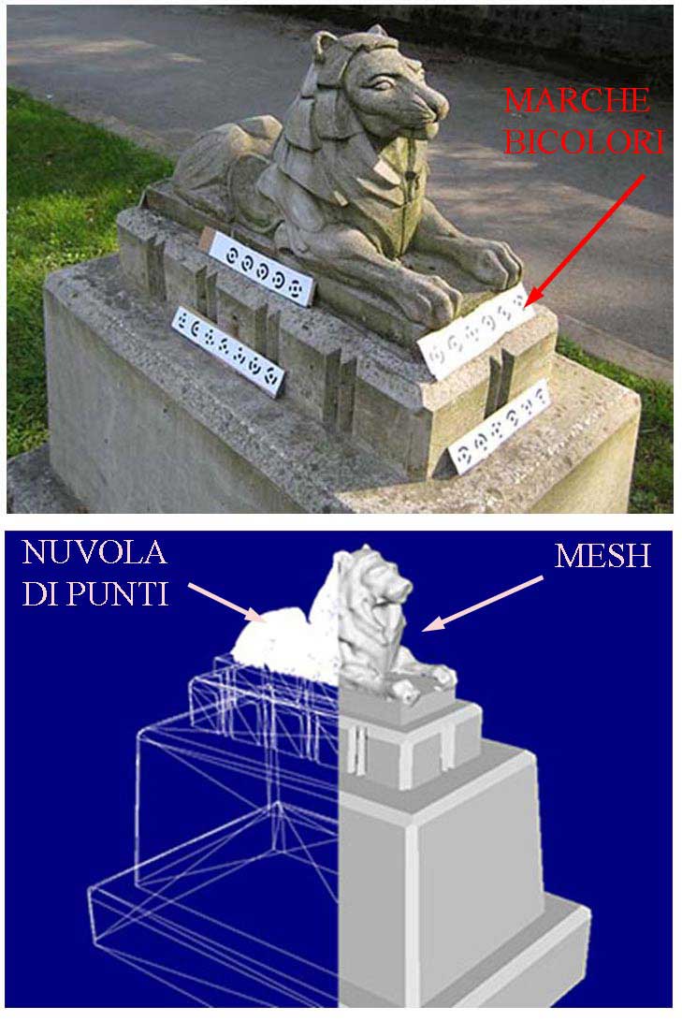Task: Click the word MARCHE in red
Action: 576,100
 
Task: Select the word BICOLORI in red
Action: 584,141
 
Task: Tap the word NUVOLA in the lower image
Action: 94,553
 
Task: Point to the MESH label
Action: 602,556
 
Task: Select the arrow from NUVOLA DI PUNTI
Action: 226,603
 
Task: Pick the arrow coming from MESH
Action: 482,604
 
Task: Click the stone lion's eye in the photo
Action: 383,84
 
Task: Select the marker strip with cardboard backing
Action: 258,266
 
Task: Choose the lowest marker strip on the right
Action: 499,427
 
